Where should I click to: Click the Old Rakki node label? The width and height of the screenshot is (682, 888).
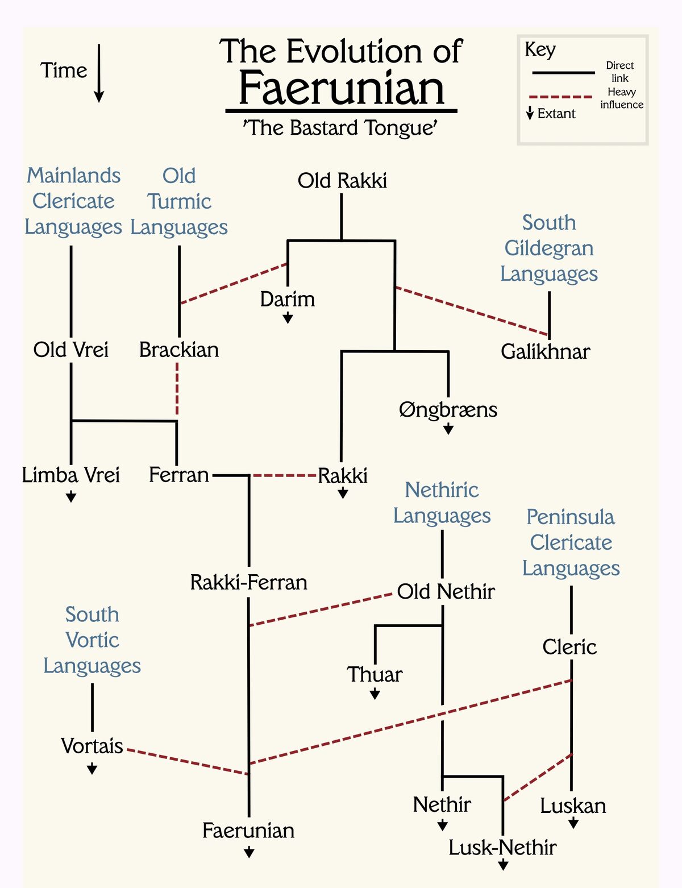tap(342, 181)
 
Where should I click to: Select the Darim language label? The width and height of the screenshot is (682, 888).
tap(288, 299)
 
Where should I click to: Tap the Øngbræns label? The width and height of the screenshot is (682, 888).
tap(448, 409)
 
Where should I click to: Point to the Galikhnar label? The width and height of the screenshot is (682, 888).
tap(545, 352)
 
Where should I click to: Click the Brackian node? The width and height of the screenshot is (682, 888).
tap(179, 350)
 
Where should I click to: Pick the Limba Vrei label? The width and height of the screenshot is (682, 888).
tap(71, 475)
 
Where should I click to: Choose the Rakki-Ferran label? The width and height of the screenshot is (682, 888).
tap(248, 582)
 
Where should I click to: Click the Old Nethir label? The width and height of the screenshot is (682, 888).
tap(446, 592)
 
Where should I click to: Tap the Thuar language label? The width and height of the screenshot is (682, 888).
tap(375, 674)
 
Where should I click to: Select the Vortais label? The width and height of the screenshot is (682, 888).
tap(92, 746)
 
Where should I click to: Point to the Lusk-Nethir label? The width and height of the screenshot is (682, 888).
tap(502, 848)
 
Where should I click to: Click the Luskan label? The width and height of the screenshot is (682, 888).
tap(573, 806)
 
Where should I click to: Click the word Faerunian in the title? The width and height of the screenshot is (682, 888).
tap(342, 89)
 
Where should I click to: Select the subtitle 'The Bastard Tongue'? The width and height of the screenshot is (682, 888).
tap(340, 128)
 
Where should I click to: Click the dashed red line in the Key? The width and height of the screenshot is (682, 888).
tap(561, 97)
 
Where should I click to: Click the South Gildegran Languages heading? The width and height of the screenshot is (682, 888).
tap(549, 248)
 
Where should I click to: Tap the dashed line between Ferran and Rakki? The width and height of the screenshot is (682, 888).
tap(284, 475)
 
